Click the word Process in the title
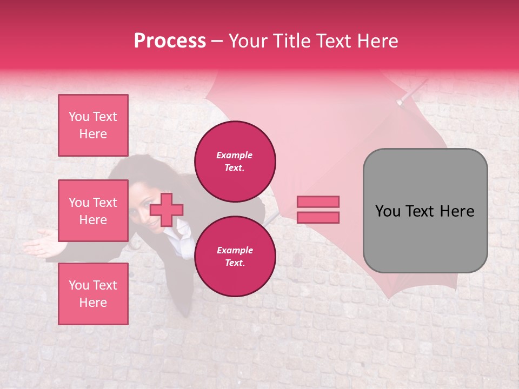(x=170, y=41)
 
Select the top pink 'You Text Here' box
(x=93, y=125)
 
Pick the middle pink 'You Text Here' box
(x=93, y=211)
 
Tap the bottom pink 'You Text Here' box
(x=93, y=294)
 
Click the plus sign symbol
(x=167, y=210)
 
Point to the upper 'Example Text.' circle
(x=235, y=162)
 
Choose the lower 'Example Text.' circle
(x=235, y=257)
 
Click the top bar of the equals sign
(x=318, y=202)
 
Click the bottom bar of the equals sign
(x=318, y=217)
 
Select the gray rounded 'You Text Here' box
(x=425, y=211)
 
